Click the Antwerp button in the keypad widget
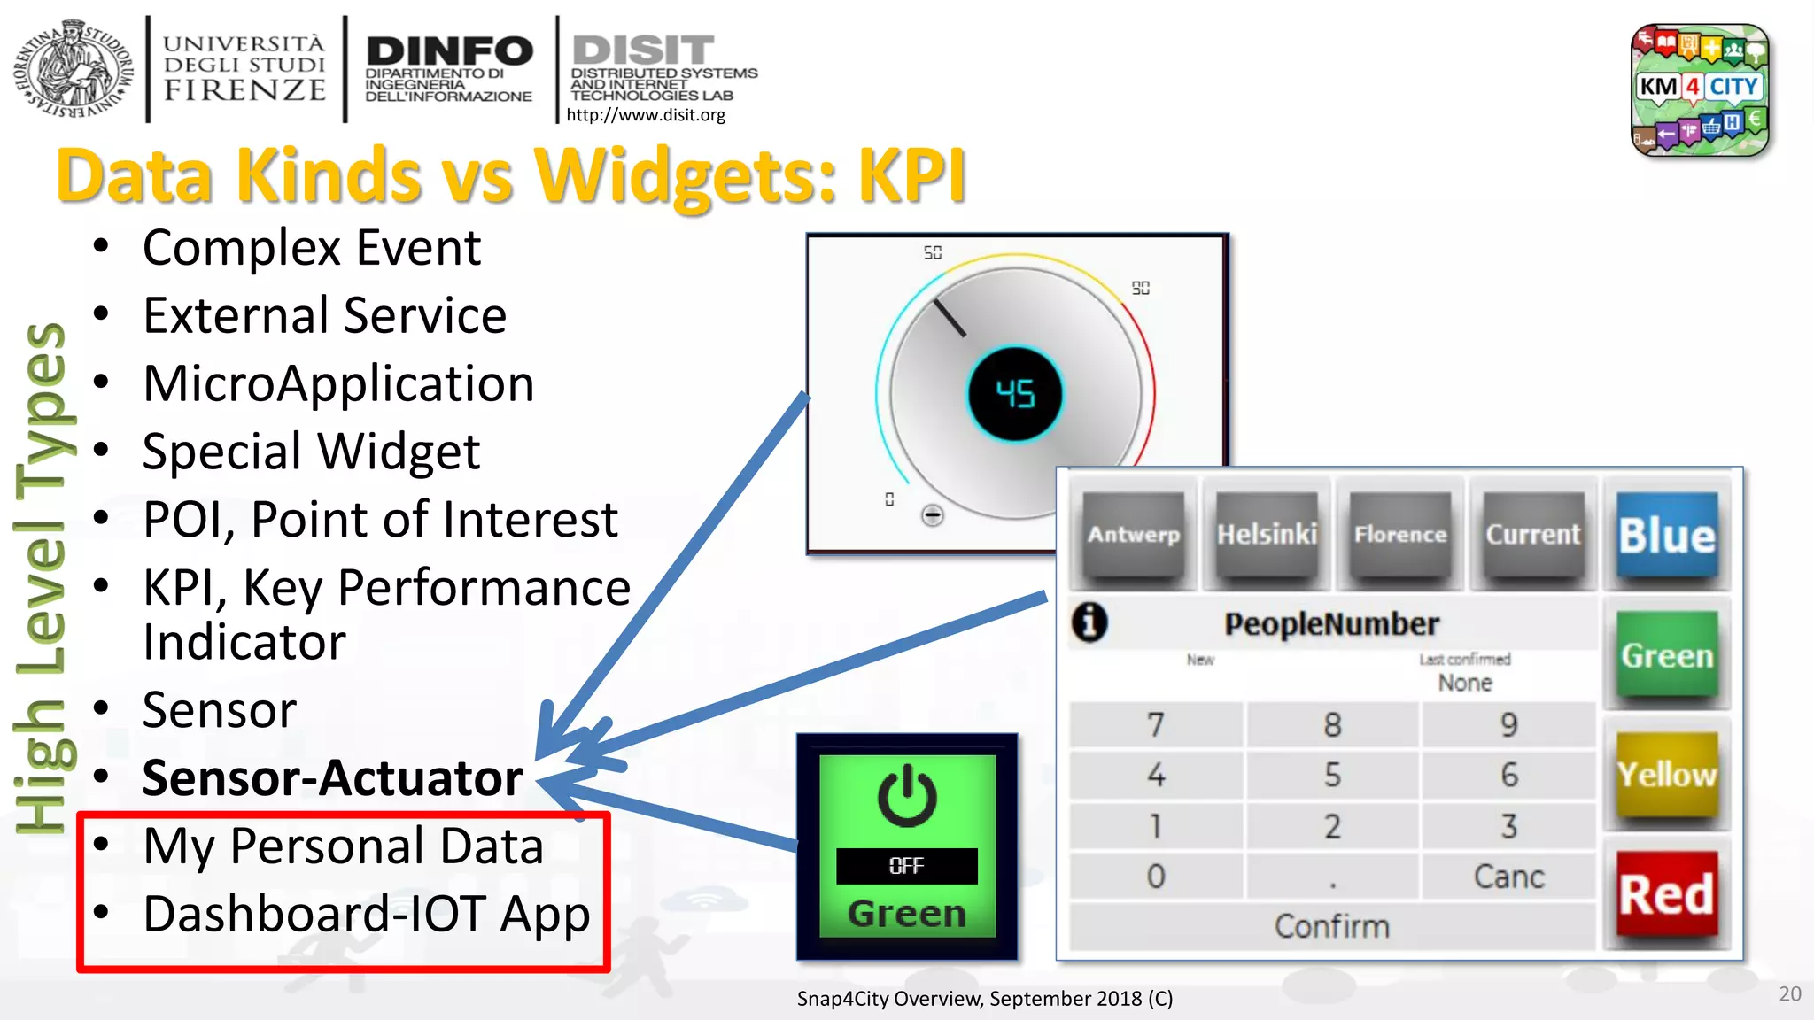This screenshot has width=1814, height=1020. coord(1134,535)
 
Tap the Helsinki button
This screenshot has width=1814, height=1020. coord(1267,535)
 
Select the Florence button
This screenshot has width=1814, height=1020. coord(1399,535)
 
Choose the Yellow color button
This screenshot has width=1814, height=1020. coord(1666,775)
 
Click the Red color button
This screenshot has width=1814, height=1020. coord(1666,894)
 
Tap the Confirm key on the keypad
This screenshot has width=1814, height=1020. coord(1331,926)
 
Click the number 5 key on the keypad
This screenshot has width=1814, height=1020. coord(1332,775)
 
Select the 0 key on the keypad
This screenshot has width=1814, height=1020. coord(1156,877)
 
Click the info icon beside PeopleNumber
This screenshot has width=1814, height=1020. coord(1089,622)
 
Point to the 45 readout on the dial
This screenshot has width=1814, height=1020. coord(1015,394)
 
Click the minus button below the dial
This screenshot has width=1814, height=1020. coord(932,515)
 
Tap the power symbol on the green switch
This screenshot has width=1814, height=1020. coord(906,796)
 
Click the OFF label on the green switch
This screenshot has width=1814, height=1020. coord(906,866)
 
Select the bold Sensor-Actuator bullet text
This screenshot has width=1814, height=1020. coord(332,778)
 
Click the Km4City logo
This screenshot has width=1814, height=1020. coord(1699,89)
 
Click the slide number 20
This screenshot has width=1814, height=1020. coord(1789,993)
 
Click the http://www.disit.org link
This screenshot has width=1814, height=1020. coord(646,115)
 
